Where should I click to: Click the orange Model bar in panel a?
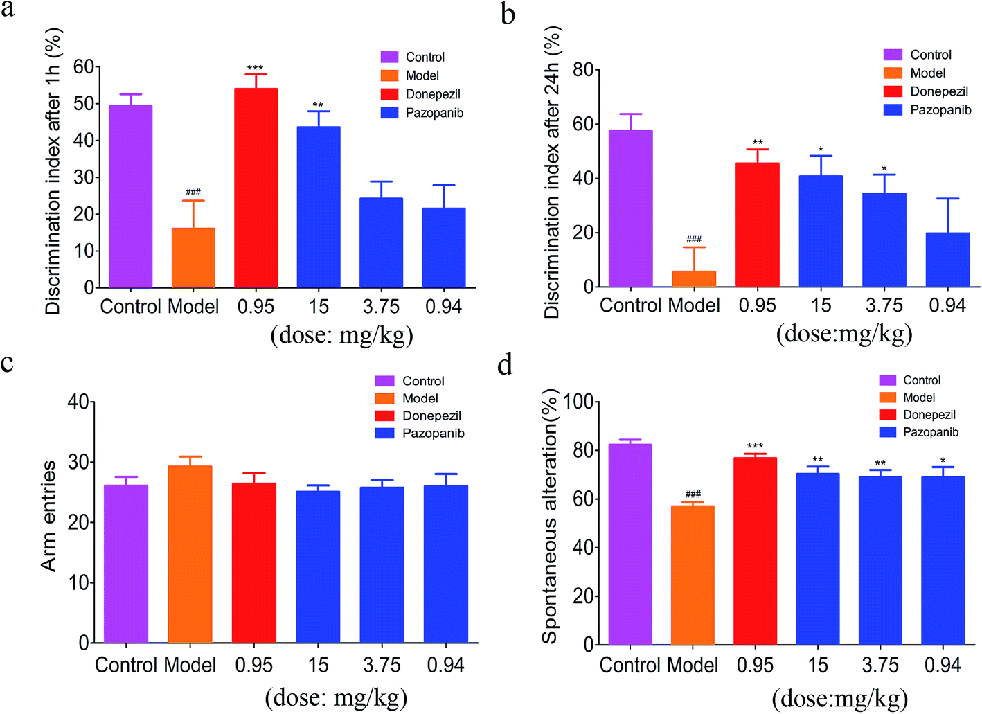pos(193,258)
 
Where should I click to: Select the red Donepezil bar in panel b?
pos(757,225)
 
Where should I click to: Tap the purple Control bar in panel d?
pos(630,544)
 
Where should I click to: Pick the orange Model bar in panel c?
pos(190,554)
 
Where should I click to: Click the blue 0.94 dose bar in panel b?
pos(947,260)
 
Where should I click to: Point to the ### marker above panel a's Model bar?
pos(193,192)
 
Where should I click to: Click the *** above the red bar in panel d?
pos(755,447)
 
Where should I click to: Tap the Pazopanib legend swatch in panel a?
pos(390,112)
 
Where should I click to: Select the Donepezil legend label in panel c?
pos(431,416)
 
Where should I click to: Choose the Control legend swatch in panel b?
pos(893,55)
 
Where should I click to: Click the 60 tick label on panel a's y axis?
pos(83,66)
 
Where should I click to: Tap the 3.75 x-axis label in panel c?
pos(382,665)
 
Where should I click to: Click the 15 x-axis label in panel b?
pos(821,305)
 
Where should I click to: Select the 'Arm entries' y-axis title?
pos(48,516)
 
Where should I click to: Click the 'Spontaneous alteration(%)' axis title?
pos(550,516)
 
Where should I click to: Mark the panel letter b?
pos(508,14)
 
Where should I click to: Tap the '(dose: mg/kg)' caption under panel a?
pos(341,335)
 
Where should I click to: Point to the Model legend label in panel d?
pos(919,398)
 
